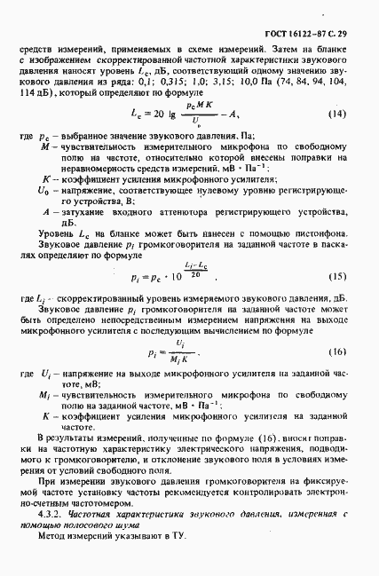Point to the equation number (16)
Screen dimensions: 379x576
[337, 351]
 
